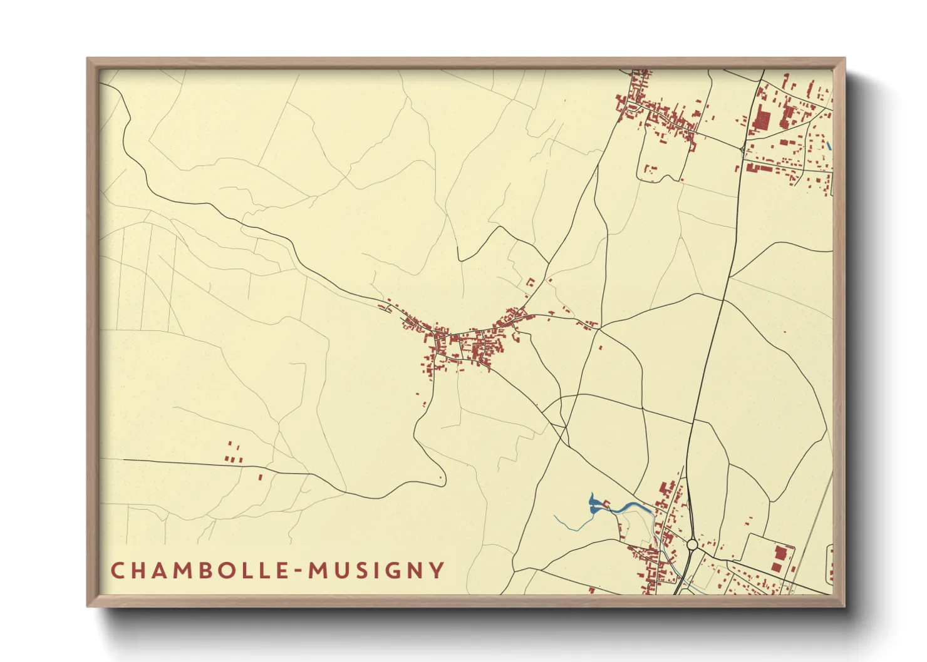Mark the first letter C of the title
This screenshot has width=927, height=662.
click(x=117, y=571)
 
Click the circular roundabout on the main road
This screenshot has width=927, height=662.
click(x=692, y=544)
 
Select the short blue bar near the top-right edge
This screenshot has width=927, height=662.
click(x=829, y=146)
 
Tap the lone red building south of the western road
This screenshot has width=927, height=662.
click(x=261, y=477)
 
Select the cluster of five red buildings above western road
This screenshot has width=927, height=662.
click(x=233, y=454)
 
